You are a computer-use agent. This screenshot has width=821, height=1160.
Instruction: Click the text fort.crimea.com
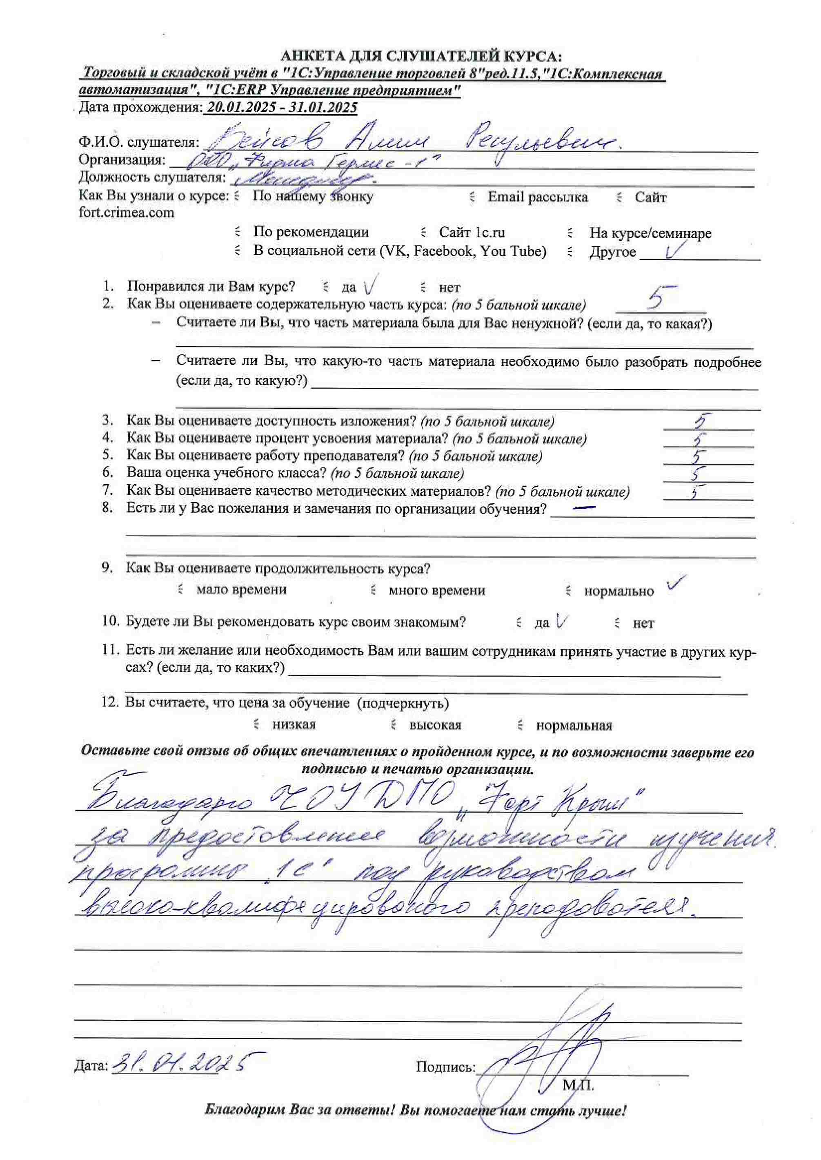click(x=127, y=213)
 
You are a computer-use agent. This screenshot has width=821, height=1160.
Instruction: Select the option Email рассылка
click(x=537, y=197)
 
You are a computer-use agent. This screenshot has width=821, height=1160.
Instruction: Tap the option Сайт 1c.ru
click(x=471, y=232)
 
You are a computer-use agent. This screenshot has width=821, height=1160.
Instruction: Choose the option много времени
click(x=436, y=590)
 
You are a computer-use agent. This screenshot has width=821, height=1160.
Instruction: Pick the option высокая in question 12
click(x=435, y=726)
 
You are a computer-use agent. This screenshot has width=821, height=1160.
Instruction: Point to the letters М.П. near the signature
click(x=578, y=1085)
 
